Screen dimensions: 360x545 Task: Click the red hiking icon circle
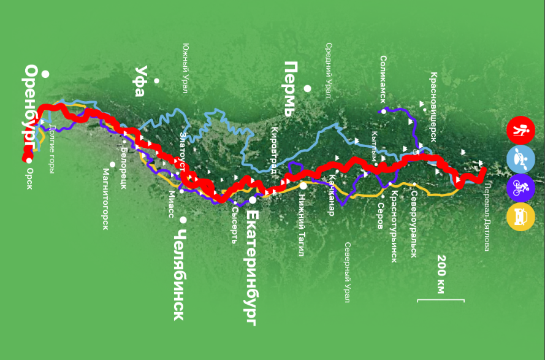point(520,130)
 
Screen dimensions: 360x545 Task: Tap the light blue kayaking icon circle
point(520,159)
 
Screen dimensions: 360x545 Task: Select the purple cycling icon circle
point(520,188)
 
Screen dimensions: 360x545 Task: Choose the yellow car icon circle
point(520,216)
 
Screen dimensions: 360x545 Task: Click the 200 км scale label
point(441,274)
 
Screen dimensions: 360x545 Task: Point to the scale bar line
point(441,300)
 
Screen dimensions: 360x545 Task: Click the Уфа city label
point(140,81)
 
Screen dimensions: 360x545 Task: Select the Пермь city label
point(290,89)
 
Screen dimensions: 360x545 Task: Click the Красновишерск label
point(433,107)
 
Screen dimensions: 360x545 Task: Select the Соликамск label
point(383,78)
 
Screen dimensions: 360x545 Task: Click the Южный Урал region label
point(185,67)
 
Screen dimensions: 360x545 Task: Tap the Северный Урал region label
point(347,272)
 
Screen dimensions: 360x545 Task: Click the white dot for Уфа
point(157,80)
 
